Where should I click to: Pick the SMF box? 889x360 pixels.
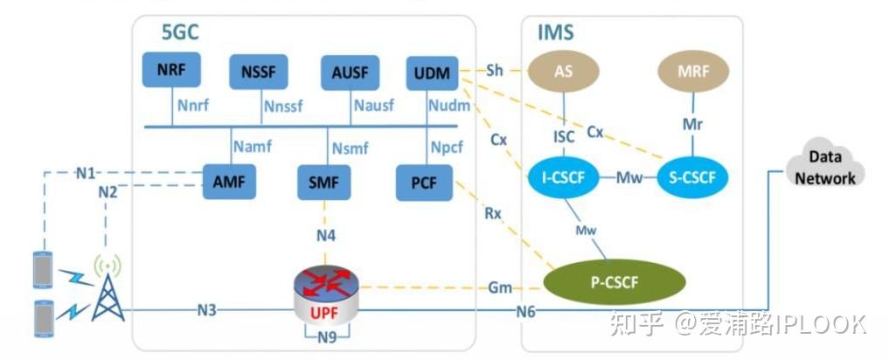pyautogui.click(x=324, y=182)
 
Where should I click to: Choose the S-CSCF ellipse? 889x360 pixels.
pyautogui.click(x=692, y=179)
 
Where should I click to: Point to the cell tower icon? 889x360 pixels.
pyautogui.click(x=108, y=287)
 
